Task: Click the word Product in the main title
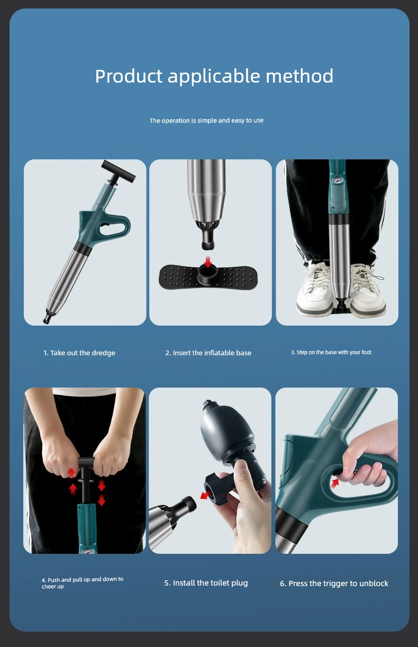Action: point(129,76)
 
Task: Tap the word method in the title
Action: point(299,76)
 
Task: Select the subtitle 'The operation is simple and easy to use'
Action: point(206,120)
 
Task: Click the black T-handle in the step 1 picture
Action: point(118,171)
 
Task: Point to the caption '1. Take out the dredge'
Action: point(79,353)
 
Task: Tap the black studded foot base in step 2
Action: point(207,277)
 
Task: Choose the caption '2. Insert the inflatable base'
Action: point(208,353)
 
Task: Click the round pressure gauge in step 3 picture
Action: point(337,180)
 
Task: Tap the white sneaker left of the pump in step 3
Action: point(314,289)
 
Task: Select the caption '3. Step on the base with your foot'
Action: point(331,352)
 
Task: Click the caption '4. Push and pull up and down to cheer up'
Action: point(83,582)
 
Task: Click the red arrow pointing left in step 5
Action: point(205,496)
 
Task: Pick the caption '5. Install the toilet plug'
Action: point(206,583)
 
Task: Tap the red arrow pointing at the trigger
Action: point(334,482)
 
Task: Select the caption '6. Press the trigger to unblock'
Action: point(334,583)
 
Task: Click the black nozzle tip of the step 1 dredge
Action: point(47,319)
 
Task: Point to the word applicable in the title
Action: point(214,76)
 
